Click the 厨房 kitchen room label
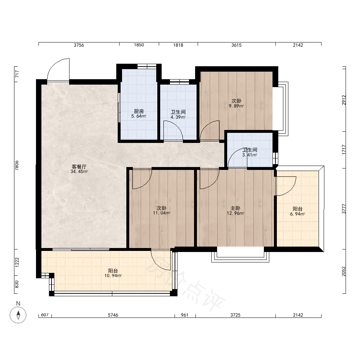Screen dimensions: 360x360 click(139, 111)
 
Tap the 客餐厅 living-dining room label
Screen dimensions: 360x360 click(79, 167)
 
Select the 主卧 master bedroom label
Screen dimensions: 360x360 click(235, 208)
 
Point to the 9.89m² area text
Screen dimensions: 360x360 click(236, 106)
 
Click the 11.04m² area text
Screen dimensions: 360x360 click(162, 213)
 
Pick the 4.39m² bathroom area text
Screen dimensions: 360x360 click(178, 117)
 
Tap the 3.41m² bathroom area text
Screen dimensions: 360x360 click(249, 155)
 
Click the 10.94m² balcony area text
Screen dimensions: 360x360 click(113, 276)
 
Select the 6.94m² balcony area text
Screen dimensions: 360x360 click(298, 214)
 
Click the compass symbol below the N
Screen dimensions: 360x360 click(18, 315)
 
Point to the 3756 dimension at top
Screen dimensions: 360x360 click(79, 45)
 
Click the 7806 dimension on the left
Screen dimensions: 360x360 click(17, 165)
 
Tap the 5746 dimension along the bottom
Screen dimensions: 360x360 click(113, 315)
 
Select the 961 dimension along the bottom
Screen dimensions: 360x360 click(185, 315)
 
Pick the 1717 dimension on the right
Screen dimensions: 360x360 click(344, 149)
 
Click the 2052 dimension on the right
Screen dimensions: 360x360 click(344, 271)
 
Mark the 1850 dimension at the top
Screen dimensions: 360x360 click(139, 45)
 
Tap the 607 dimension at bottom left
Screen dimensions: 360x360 click(45, 315)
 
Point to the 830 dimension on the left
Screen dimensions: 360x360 click(17, 285)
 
